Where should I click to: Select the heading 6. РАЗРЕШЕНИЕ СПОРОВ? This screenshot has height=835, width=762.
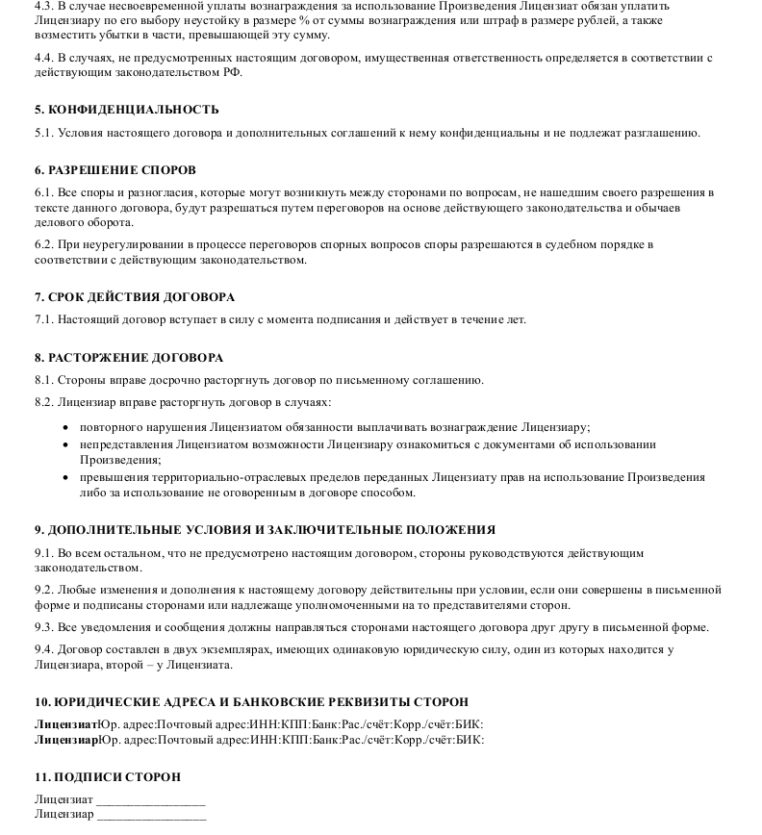114,170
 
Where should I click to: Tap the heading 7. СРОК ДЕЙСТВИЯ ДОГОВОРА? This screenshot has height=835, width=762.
135,297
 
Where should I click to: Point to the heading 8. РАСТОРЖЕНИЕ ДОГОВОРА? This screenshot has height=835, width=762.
129,358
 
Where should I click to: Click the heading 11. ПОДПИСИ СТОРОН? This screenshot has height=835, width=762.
108,776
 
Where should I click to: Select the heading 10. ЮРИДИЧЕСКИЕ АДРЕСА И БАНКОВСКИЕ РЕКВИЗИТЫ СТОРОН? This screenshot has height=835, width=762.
251,702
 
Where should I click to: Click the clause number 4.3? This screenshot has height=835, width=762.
43,6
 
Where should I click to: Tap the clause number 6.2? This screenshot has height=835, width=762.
43,245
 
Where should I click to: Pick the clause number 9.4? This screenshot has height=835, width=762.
43,650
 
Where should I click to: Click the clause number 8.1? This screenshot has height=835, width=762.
43,380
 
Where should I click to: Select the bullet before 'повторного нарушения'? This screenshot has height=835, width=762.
64,427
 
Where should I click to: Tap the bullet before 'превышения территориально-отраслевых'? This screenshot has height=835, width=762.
64,477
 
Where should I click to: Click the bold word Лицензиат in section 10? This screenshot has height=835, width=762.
66,724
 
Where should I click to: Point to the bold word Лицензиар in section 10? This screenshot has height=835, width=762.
66,740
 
